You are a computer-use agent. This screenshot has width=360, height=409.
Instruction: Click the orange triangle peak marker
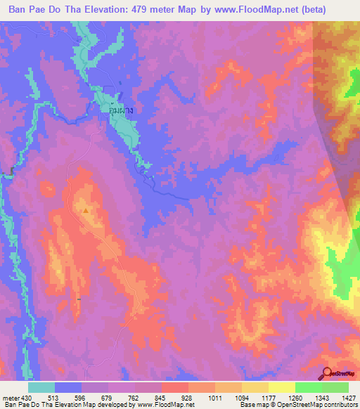86,210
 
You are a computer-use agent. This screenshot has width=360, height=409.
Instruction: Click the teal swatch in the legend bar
41,387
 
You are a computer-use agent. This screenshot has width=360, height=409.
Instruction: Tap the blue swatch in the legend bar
68,387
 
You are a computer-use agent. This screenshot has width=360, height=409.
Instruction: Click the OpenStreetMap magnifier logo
326,372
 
